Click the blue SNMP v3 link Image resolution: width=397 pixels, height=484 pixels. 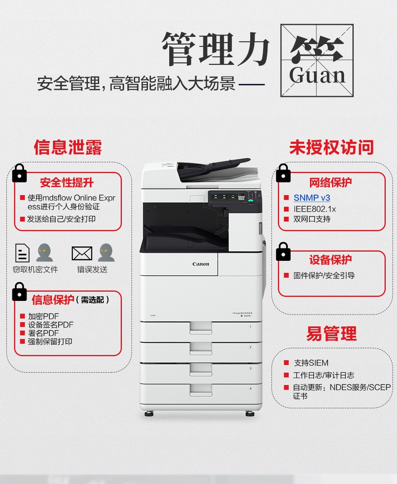(x=312, y=198)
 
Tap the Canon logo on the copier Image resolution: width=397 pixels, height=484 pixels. (x=201, y=264)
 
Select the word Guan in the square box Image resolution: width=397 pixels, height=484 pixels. (x=317, y=75)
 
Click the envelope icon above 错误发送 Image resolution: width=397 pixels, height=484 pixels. (x=82, y=253)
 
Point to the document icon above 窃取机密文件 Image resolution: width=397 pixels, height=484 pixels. (x=22, y=253)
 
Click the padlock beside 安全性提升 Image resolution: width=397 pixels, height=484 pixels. (x=20, y=173)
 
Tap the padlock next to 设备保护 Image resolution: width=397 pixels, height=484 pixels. (x=283, y=252)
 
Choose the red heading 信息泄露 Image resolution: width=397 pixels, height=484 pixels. (x=68, y=147)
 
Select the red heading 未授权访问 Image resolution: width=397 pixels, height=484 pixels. (x=332, y=147)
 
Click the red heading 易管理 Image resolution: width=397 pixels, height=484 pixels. (x=332, y=334)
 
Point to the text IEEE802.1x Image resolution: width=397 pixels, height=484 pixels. (x=314, y=209)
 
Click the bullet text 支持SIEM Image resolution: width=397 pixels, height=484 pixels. (x=311, y=363)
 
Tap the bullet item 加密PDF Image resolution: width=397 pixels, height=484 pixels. (x=43, y=316)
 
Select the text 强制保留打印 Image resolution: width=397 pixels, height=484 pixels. (x=50, y=341)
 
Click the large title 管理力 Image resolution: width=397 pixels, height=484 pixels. (x=215, y=48)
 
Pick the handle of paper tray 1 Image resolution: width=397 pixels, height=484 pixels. (x=201, y=328)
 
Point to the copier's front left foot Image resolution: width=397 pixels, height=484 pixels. (x=149, y=414)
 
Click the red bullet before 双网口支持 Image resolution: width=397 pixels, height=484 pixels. (x=286, y=219)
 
